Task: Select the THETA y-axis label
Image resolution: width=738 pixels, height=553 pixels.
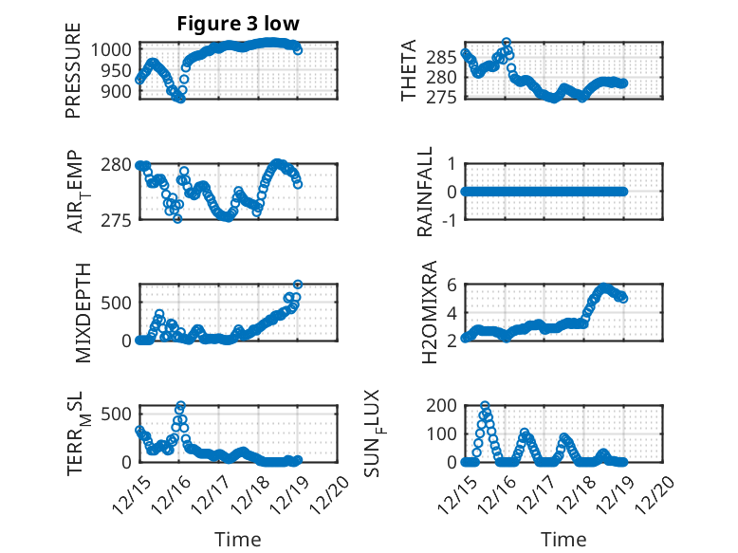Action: [409, 71]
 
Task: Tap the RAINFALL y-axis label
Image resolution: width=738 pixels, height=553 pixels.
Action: [426, 192]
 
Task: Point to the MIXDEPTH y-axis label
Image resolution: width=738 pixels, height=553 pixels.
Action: [82, 312]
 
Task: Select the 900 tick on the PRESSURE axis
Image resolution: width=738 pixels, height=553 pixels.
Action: [120, 92]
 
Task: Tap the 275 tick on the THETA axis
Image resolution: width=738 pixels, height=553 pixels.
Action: [444, 98]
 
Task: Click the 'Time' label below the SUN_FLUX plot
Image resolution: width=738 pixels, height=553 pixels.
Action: [563, 539]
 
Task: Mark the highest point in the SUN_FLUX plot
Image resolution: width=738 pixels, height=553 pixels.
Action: [486, 406]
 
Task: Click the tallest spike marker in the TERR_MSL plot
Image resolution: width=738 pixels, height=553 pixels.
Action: [180, 406]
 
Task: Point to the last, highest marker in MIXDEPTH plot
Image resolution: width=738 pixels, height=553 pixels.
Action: [298, 285]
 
